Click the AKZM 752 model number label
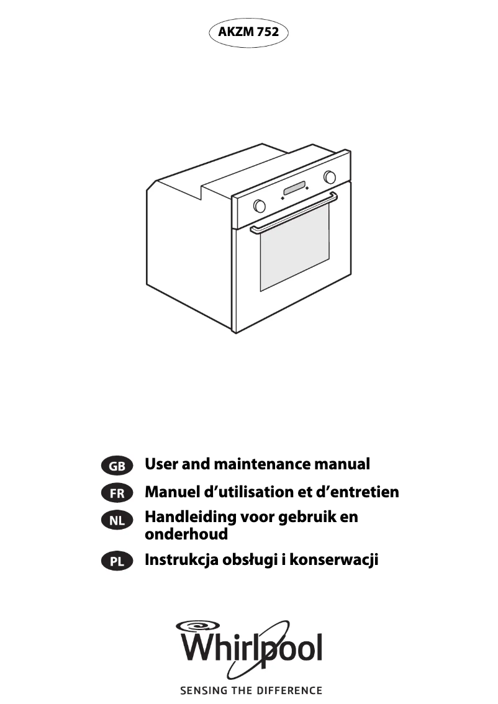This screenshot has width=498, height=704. tap(248, 32)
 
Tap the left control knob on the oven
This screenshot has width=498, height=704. tap(260, 205)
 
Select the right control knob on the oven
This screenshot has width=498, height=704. tap(330, 178)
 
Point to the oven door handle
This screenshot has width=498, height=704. tap(294, 214)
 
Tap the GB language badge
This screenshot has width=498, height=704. tap(117, 466)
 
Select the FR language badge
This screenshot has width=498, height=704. tap(117, 494)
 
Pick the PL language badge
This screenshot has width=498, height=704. tap(117, 561)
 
